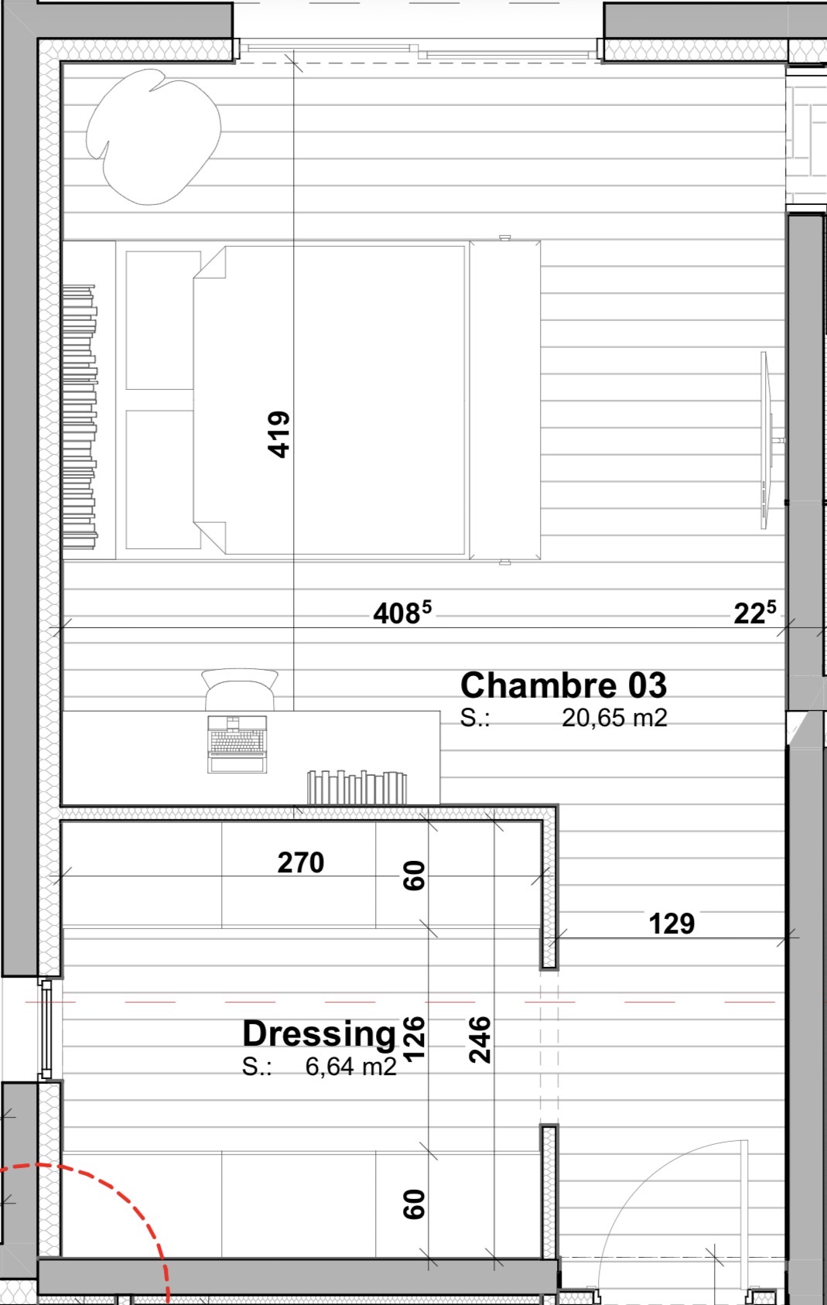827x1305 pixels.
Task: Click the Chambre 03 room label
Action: (563, 685)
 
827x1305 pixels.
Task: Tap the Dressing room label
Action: (320, 1033)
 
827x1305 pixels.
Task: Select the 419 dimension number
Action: (279, 435)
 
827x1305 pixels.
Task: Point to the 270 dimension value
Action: (301, 863)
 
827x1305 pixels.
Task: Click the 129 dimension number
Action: (672, 924)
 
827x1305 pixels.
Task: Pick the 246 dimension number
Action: (480, 1040)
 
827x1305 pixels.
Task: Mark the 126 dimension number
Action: (414, 1040)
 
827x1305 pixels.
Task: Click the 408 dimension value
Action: (402, 613)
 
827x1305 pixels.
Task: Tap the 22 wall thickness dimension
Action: (755, 613)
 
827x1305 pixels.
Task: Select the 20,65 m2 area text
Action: (614, 719)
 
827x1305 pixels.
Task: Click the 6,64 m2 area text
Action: (351, 1067)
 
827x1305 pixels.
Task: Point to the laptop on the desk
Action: (238, 744)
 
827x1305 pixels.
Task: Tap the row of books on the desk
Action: (357, 787)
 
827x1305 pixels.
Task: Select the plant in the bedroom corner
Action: (153, 136)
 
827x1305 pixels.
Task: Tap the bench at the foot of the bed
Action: (504, 400)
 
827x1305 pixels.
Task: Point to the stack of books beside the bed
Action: (79, 417)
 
